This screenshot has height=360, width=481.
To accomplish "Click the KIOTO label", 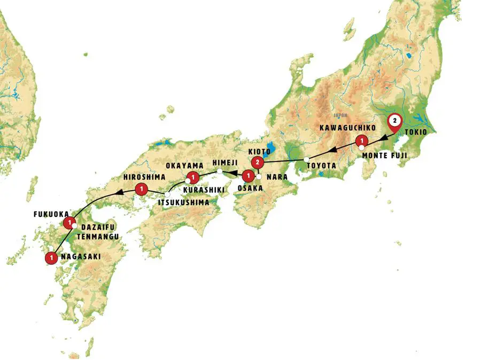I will click(259, 151).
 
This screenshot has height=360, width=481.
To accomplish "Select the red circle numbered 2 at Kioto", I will click(258, 162).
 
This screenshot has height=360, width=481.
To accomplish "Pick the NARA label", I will click(276, 175).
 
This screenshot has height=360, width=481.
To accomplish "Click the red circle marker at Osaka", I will click(247, 176).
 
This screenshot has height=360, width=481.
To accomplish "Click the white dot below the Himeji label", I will click(219, 171).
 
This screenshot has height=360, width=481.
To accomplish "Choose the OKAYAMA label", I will click(184, 166).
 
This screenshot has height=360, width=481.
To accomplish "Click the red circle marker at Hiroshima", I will click(141, 188).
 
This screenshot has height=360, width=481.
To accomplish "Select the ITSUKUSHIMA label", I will click(183, 202).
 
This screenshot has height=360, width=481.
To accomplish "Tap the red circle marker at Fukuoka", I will click(68, 222).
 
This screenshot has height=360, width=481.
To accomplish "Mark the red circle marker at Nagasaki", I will click(51, 257).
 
